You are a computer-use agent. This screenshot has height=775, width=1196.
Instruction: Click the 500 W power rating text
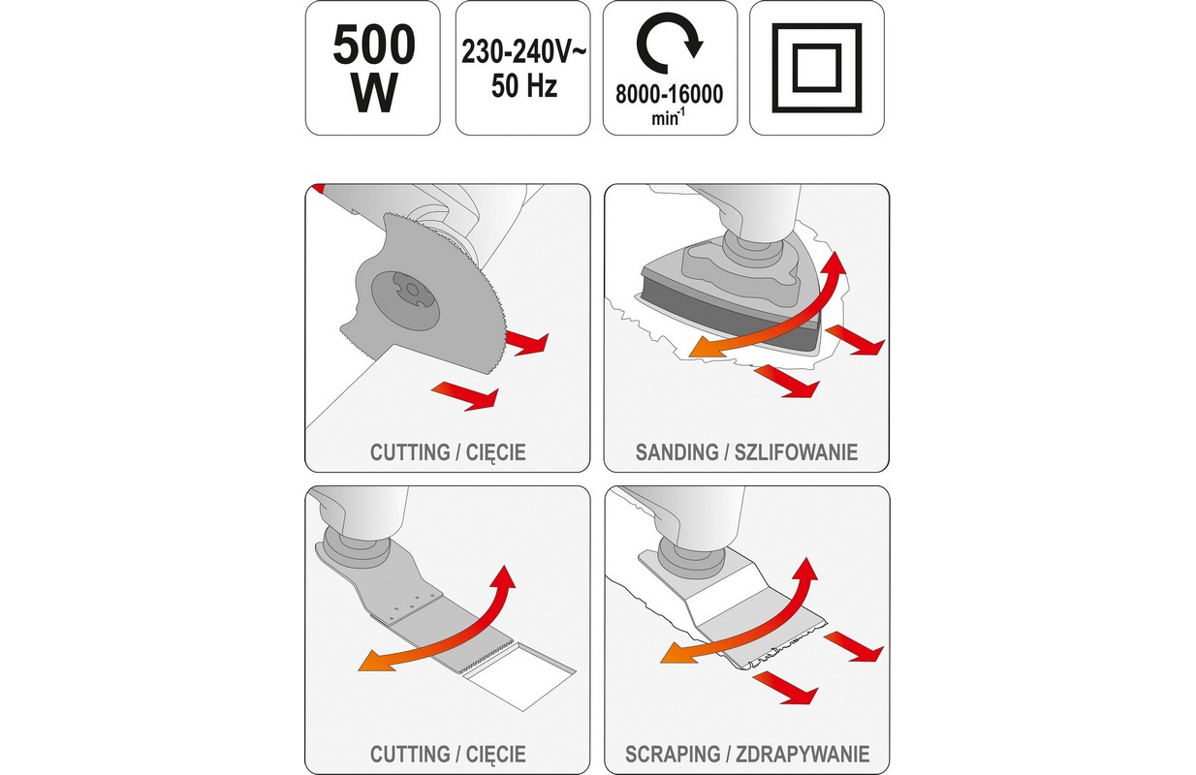pos(373,69)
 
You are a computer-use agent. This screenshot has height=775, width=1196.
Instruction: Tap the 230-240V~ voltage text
pos(523,52)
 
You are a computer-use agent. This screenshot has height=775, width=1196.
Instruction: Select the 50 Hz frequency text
pos(523,85)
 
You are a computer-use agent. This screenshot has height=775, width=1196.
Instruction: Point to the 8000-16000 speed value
pos(670,94)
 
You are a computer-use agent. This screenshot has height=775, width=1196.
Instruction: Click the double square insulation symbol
pos(817,69)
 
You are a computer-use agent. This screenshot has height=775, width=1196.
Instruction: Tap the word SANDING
pos(676,452)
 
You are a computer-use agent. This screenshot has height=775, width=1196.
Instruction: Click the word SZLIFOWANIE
pos(796,452)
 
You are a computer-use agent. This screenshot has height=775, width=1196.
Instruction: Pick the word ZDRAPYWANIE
pos(803,755)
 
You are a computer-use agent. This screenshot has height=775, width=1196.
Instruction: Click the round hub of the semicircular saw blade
pos(406,296)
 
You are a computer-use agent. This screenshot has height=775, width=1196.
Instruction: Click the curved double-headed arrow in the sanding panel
pos(775,315)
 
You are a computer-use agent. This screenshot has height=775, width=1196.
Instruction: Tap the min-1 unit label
pos(668,117)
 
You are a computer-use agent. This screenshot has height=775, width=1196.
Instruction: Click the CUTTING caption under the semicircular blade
pos(410,452)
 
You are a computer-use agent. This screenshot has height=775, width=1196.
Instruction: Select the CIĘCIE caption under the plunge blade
pos(496,755)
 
